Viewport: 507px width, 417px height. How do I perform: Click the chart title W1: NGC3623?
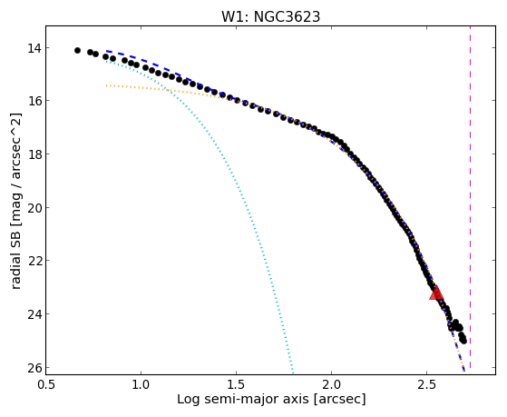(270, 16)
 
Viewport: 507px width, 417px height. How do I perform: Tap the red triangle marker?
(436, 293)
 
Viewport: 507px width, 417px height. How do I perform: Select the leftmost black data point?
(77, 50)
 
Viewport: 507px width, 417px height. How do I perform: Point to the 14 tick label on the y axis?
(34, 48)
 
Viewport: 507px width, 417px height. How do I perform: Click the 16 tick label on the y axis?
(34, 101)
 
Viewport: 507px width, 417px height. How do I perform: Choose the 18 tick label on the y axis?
(34, 154)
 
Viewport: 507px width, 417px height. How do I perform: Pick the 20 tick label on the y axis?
(34, 207)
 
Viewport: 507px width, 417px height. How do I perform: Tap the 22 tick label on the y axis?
(34, 261)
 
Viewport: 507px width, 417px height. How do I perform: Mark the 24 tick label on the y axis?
(34, 314)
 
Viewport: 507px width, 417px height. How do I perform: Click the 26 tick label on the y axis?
(34, 368)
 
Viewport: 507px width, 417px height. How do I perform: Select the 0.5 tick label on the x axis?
(46, 384)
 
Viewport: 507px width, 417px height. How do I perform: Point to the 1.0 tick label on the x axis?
(141, 384)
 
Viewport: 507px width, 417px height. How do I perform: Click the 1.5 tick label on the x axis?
(237, 384)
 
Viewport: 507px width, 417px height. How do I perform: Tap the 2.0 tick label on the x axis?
(331, 384)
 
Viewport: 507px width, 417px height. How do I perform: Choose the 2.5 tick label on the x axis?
(427, 384)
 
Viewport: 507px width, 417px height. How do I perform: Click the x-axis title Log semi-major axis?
(243, 400)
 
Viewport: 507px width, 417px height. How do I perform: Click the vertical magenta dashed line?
(470, 197)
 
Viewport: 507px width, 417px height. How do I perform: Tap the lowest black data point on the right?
(463, 341)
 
